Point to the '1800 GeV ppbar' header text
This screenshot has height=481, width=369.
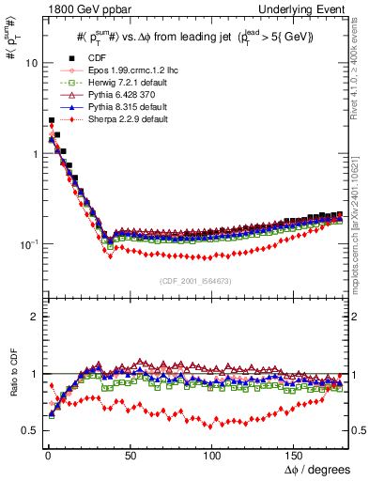pyautogui.click(x=83, y=9)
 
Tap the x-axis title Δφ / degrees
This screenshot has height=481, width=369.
pyautogui.click(x=319, y=469)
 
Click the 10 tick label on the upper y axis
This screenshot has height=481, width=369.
pyautogui.click(x=30, y=63)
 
